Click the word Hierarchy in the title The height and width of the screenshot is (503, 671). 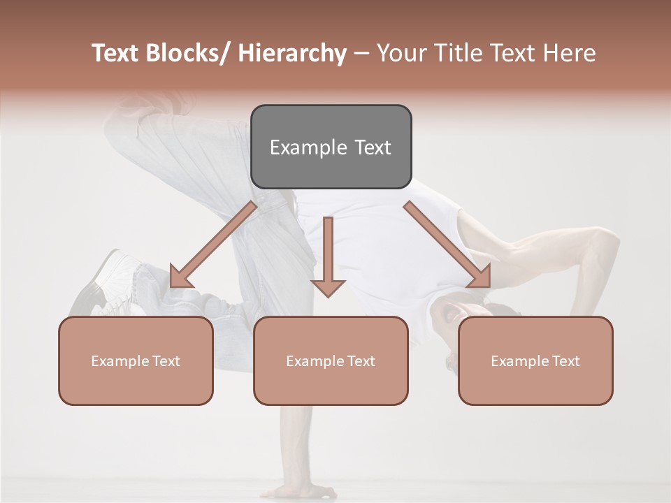coord(292,54)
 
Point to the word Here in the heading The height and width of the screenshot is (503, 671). coord(571,54)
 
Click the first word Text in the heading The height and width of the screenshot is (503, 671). coord(117,54)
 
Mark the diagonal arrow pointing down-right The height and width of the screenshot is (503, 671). coord(447,245)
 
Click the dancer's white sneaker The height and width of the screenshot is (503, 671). coord(105,283)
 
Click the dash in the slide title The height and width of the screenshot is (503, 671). coord(361,54)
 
